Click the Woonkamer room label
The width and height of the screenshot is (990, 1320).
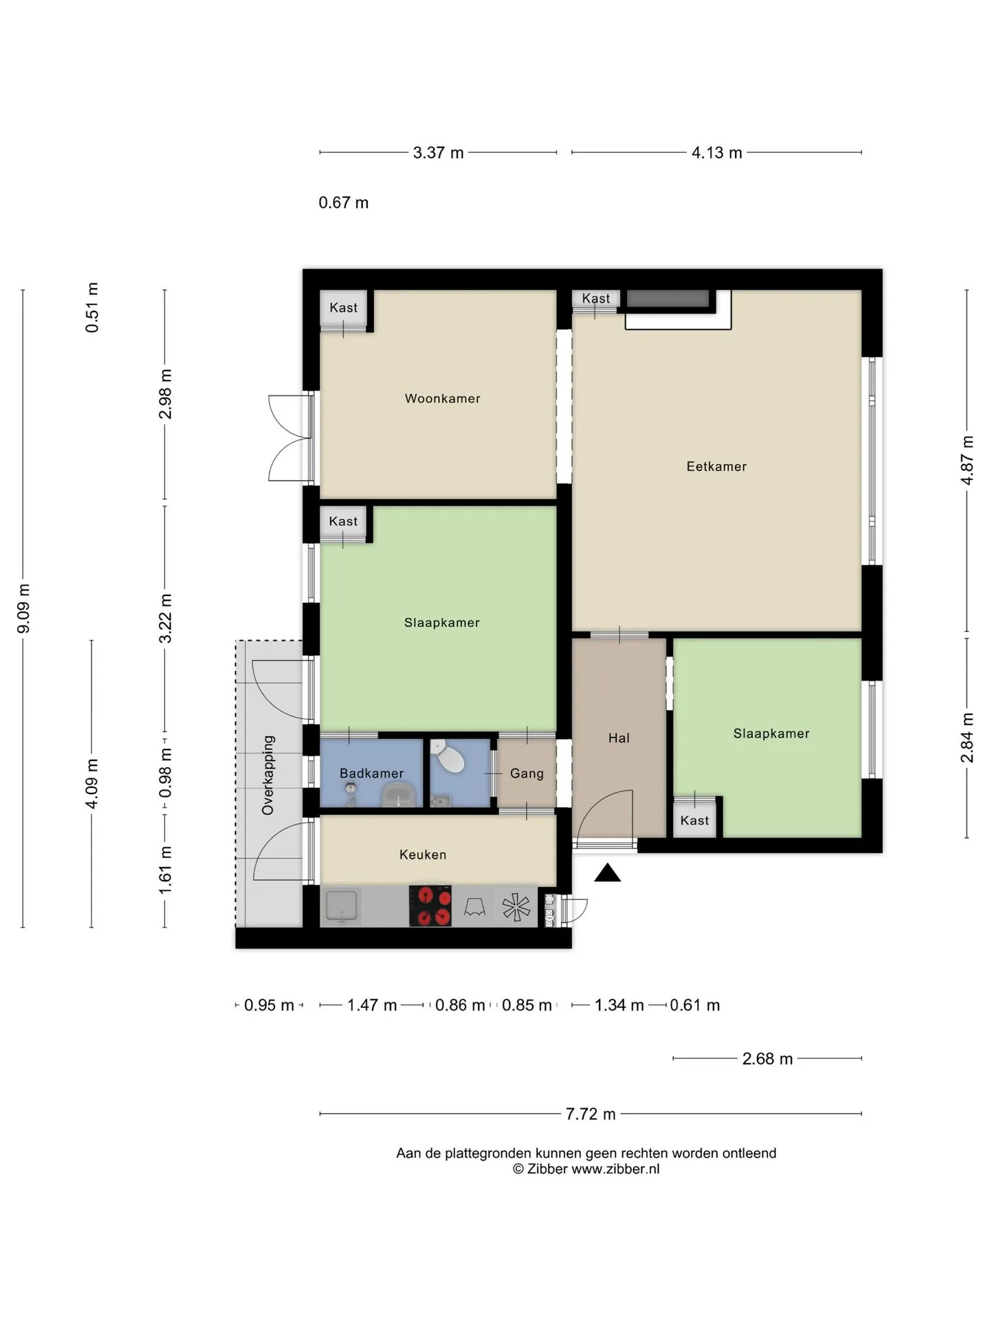pos(442,399)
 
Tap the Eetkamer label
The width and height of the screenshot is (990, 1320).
pos(716,467)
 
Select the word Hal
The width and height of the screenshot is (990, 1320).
pos(619,738)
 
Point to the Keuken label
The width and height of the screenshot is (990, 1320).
pos(423,855)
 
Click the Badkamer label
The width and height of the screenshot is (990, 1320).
pos(371,773)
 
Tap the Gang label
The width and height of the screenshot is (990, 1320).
pos(527,773)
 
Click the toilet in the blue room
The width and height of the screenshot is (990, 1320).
pos(448,756)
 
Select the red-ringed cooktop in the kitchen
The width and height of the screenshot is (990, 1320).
pos(430,905)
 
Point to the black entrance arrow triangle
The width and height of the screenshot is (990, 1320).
pos(607,873)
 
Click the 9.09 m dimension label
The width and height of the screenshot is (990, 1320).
pos(23,608)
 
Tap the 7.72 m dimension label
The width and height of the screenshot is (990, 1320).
pos(591,1114)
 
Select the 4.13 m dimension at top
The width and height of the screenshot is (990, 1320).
pos(716,153)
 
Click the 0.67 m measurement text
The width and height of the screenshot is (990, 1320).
pos(344,203)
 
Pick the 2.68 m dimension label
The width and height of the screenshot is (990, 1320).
pos(767,1059)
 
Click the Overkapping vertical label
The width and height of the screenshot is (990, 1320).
pos(268,775)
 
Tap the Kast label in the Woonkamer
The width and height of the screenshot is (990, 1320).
pos(343,308)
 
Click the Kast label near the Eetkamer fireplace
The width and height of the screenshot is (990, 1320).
pos(595,298)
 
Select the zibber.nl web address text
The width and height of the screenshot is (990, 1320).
pos(615,1169)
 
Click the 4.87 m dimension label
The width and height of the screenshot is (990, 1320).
pos(967,461)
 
